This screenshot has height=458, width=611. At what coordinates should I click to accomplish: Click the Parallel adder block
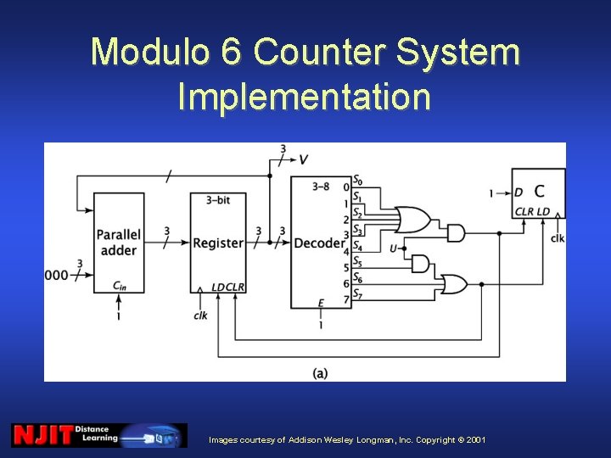[118, 243]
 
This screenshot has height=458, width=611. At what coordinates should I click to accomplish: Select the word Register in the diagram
[218, 243]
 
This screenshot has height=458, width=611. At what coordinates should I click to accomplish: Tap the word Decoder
[319, 243]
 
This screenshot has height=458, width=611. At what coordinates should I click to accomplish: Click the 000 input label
[57, 275]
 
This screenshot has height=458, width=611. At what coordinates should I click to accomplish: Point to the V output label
[304, 159]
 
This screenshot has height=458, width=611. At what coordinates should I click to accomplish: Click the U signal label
[393, 249]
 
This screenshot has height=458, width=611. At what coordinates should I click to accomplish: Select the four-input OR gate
[412, 220]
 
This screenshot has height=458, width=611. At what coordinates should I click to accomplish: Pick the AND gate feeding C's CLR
[456, 232]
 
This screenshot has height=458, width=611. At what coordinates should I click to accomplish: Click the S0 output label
[358, 180]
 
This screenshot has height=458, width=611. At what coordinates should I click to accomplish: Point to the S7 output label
[358, 295]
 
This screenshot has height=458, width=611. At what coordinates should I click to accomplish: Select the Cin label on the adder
[119, 287]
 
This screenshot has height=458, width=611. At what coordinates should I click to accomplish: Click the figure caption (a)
[320, 372]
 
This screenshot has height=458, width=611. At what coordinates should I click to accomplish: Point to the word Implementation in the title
[304, 96]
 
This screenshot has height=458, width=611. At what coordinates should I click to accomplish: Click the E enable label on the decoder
[320, 303]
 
